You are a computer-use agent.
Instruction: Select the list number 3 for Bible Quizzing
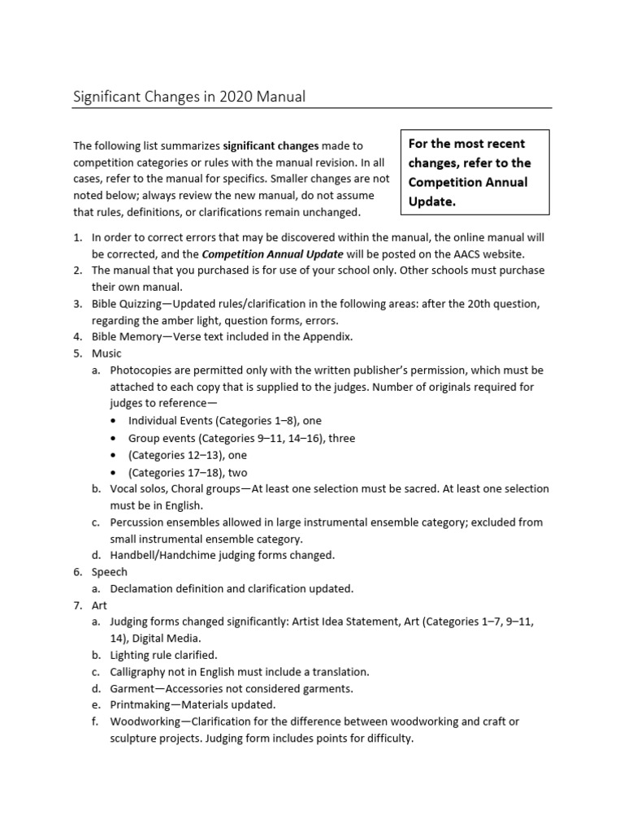pos(77,303)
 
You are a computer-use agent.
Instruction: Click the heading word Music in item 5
pos(106,353)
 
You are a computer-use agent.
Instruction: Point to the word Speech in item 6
pos(109,572)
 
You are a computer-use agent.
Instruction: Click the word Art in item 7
pos(99,605)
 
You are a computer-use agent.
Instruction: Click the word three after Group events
pos(341,438)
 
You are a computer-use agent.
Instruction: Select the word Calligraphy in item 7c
pos(139,672)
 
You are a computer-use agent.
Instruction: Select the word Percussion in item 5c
pos(139,522)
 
